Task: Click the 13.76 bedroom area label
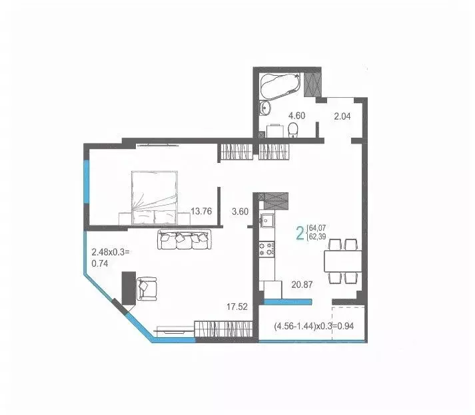(x=201, y=212)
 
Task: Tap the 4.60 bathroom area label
(x=296, y=116)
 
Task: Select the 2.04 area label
(x=342, y=116)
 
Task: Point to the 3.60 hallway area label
(x=239, y=212)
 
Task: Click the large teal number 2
(x=300, y=232)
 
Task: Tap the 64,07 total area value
(x=318, y=227)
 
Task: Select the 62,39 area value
(x=318, y=237)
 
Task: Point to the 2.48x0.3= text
(x=110, y=252)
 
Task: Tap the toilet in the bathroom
(x=296, y=132)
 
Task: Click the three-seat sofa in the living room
(x=184, y=239)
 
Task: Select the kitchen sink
(x=268, y=220)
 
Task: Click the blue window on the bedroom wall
(x=85, y=184)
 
